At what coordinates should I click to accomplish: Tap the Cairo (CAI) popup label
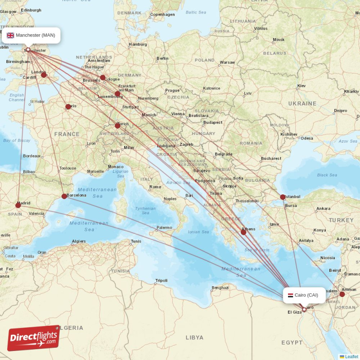[x=304, y=295]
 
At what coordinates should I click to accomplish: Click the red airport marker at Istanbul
[x=283, y=197]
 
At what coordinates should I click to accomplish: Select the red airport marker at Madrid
[x=18, y=205]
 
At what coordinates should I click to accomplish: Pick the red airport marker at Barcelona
[x=64, y=196]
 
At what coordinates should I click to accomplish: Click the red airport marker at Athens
[x=243, y=232]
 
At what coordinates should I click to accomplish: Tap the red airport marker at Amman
[x=342, y=294]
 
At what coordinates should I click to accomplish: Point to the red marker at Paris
[x=68, y=107]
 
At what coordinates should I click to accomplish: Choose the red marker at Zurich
[x=117, y=126]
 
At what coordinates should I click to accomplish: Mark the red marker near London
[x=44, y=75]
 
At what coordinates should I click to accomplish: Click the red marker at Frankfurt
[x=117, y=94]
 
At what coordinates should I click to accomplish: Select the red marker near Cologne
[x=103, y=77]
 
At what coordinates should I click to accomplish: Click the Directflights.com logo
[x=34, y=337]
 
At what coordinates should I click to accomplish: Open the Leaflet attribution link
[x=351, y=356]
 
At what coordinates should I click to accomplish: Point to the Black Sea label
[x=327, y=175]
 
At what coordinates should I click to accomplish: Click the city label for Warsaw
[x=227, y=62]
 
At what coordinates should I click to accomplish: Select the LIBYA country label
[x=194, y=337]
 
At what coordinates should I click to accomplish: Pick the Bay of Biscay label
[x=17, y=140]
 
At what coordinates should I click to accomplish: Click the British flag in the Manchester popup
[x=10, y=35]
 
